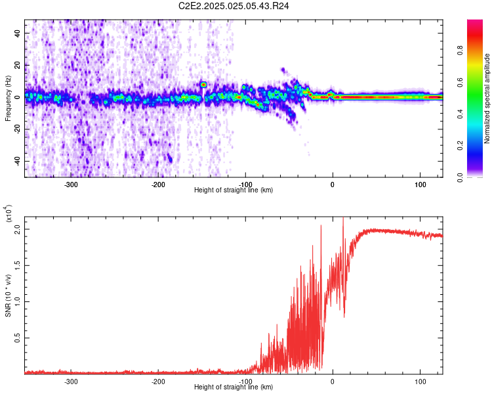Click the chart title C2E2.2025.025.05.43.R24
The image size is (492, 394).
tap(234, 6)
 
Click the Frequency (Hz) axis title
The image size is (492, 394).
tap(8, 98)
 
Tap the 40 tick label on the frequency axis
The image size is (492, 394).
tap(18, 33)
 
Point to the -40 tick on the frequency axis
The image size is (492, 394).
tap(18, 161)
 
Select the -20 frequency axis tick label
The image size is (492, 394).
tap(18, 129)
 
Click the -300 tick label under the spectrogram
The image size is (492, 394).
tap(71, 185)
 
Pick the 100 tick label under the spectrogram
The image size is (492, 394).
tap(420, 185)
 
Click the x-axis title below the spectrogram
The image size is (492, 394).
tap(234, 190)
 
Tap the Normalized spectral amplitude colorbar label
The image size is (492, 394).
tap(487, 98)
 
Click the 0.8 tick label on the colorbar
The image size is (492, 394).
tap(460, 51)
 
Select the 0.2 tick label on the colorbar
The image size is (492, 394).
tap(460, 146)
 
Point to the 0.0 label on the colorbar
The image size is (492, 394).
tap(460, 177)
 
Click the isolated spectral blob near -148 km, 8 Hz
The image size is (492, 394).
tap(203, 85)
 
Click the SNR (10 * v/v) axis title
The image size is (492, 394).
tap(8, 295)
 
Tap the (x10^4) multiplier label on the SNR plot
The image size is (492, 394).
tap(9, 213)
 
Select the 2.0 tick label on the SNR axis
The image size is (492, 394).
tap(18, 230)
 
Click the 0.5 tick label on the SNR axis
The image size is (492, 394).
tap(18, 338)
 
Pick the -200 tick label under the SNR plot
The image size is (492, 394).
tap(158, 382)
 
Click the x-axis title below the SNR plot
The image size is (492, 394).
tap(234, 387)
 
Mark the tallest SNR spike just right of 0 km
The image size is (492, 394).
tap(343, 218)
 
